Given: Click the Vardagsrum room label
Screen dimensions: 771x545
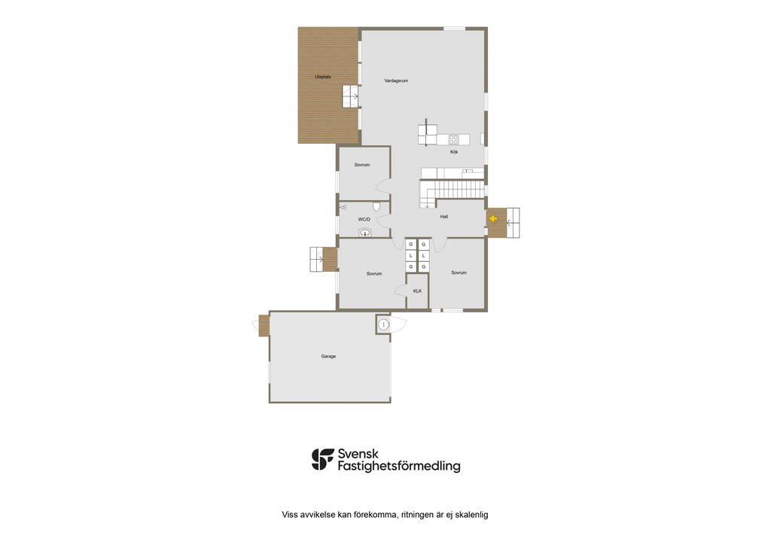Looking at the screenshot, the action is coord(396,81).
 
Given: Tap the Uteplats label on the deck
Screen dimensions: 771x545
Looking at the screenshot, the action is coord(322,77).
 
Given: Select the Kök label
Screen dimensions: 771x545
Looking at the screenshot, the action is coord(454,152).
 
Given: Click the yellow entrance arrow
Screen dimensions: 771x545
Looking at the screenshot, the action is coord(493,219).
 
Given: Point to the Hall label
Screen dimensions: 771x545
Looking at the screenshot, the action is coord(444,217).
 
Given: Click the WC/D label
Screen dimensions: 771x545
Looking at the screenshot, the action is coord(364,220).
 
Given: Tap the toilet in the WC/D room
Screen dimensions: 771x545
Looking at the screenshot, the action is coord(376,206).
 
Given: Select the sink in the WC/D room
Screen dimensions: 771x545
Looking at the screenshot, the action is coord(364,233).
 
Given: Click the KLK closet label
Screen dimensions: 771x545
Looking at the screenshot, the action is coord(417,291).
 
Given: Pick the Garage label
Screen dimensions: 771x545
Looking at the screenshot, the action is coord(328,357).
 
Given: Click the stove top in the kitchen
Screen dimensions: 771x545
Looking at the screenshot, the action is coord(453,139).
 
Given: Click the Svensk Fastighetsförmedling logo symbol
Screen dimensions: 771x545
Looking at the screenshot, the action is coord(322,459).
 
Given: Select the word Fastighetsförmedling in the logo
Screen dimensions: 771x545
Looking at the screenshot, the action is coord(399,467).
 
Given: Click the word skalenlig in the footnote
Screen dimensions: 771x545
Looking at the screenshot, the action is coord(471,515).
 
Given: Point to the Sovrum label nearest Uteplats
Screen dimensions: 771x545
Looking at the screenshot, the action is coord(362,165).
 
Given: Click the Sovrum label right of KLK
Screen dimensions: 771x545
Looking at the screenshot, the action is coord(459,272).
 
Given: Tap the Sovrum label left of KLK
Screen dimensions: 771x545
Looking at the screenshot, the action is coord(374,274).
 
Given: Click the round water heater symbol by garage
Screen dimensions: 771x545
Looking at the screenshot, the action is coord(383,324).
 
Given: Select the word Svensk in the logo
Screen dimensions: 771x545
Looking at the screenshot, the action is coord(358,454).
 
